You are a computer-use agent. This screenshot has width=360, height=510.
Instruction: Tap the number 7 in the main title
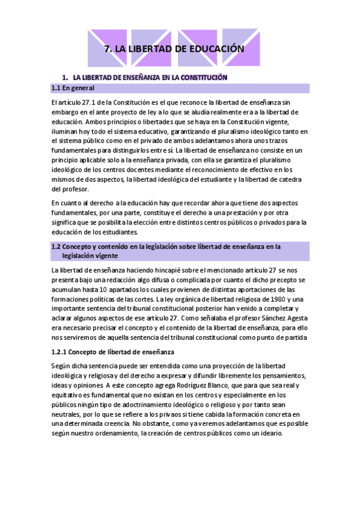click(108, 49)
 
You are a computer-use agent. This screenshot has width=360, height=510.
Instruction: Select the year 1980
click(276, 299)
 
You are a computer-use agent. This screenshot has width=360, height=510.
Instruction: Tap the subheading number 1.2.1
click(61, 351)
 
